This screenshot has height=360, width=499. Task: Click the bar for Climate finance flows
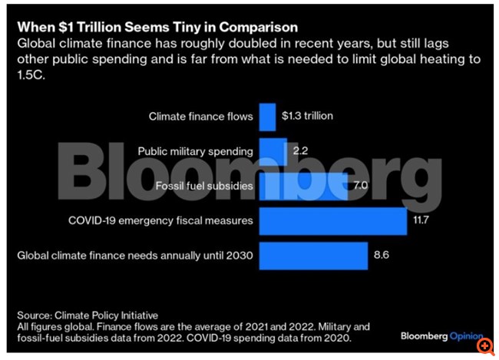(x=268, y=117)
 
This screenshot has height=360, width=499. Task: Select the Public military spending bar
(x=273, y=151)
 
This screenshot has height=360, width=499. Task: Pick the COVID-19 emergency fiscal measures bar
(x=333, y=220)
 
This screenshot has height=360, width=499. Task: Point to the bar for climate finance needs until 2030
(x=313, y=255)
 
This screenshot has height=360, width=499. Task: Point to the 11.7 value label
(x=422, y=220)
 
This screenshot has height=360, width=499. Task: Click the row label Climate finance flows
(x=201, y=117)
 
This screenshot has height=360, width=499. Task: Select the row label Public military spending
(x=194, y=151)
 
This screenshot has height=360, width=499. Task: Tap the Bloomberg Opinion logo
(x=441, y=335)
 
